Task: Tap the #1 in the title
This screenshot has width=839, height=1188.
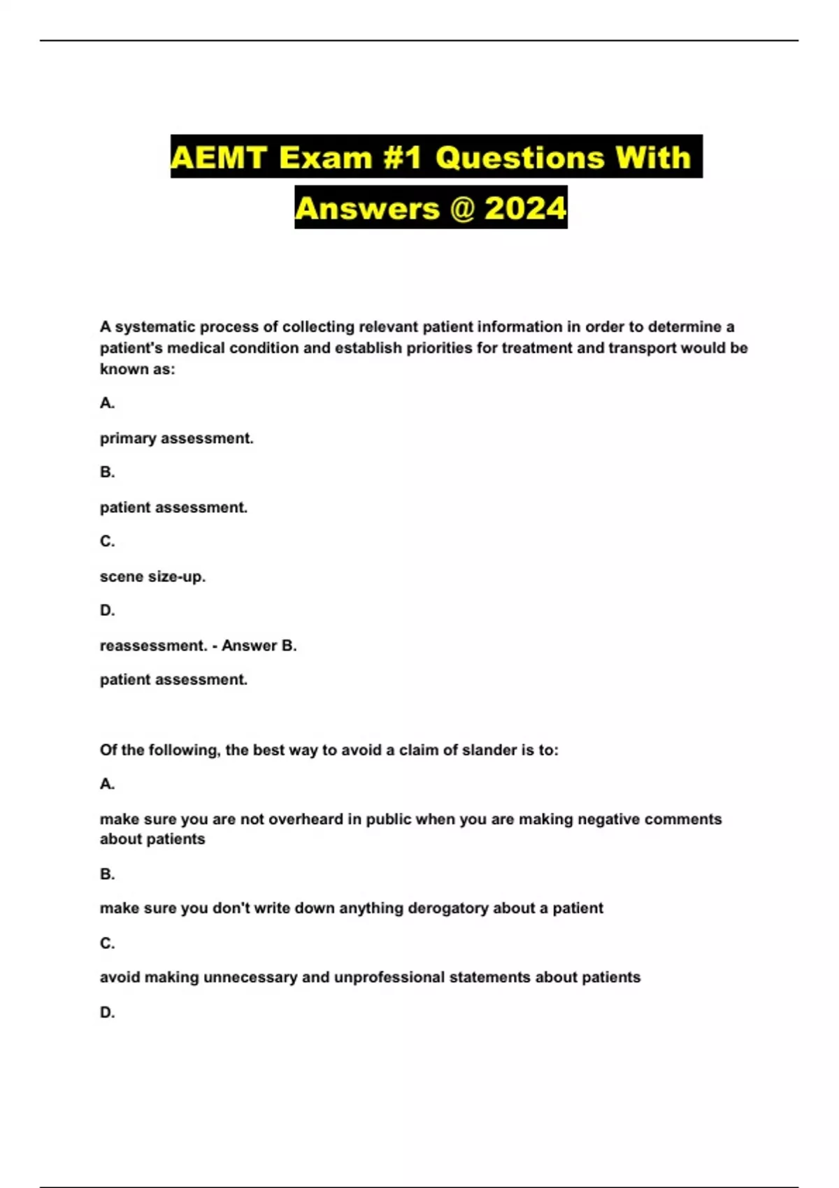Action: [401, 157]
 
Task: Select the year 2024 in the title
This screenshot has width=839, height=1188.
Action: [525, 208]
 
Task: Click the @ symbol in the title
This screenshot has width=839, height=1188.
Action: [462, 208]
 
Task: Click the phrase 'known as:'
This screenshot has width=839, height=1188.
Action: [137, 369]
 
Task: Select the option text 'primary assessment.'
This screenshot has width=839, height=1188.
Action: [176, 438]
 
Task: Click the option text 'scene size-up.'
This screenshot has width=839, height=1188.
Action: [152, 577]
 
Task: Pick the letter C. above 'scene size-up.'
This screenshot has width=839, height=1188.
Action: [107, 541]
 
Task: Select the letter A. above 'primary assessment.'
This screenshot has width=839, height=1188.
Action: [107, 403]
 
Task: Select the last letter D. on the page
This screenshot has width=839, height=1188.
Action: [107, 1012]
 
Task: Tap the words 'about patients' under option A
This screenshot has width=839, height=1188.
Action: [152, 839]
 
